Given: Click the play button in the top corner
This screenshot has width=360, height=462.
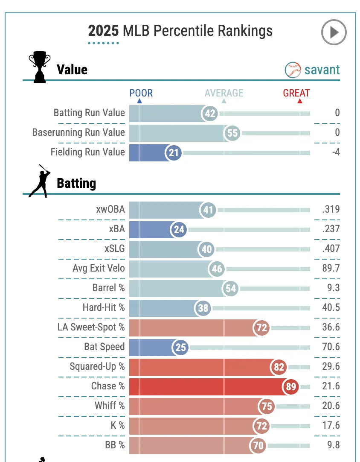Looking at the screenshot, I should coord(334,32).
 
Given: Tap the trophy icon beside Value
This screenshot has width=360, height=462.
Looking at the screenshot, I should coord(39,67).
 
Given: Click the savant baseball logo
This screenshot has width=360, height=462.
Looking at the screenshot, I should coord(293,70).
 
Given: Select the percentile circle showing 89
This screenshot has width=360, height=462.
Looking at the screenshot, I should coord(290,386).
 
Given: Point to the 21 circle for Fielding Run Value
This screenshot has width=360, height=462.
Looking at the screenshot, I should coord(174,152).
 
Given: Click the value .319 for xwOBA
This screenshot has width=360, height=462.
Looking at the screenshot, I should coord(331,210).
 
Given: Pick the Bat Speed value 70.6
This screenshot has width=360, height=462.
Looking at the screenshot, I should coord(331,347).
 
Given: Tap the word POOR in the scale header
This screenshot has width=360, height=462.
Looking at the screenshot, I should coord(141,93).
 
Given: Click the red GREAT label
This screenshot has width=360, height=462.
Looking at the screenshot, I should coord(296,93).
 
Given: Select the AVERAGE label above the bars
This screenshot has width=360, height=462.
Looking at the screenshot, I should coord(224,93).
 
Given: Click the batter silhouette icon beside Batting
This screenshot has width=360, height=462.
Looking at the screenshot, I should coord(39,181).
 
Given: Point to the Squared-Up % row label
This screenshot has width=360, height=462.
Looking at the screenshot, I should coord(97,367).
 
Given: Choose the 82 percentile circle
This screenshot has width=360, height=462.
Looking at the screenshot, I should coord(279,367).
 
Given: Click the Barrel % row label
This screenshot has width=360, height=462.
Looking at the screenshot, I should coord(108,288).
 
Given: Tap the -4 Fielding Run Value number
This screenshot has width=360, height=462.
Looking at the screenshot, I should coord(336,152).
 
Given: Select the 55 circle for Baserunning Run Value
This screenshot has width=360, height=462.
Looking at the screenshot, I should coord(232,133).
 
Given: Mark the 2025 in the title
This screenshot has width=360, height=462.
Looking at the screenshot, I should coord(104,31).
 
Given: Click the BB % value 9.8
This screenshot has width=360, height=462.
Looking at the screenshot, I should coord(333,445).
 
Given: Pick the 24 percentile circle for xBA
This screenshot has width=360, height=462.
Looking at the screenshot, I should coord(179,230).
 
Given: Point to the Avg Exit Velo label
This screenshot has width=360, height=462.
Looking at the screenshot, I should coord(99,269).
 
